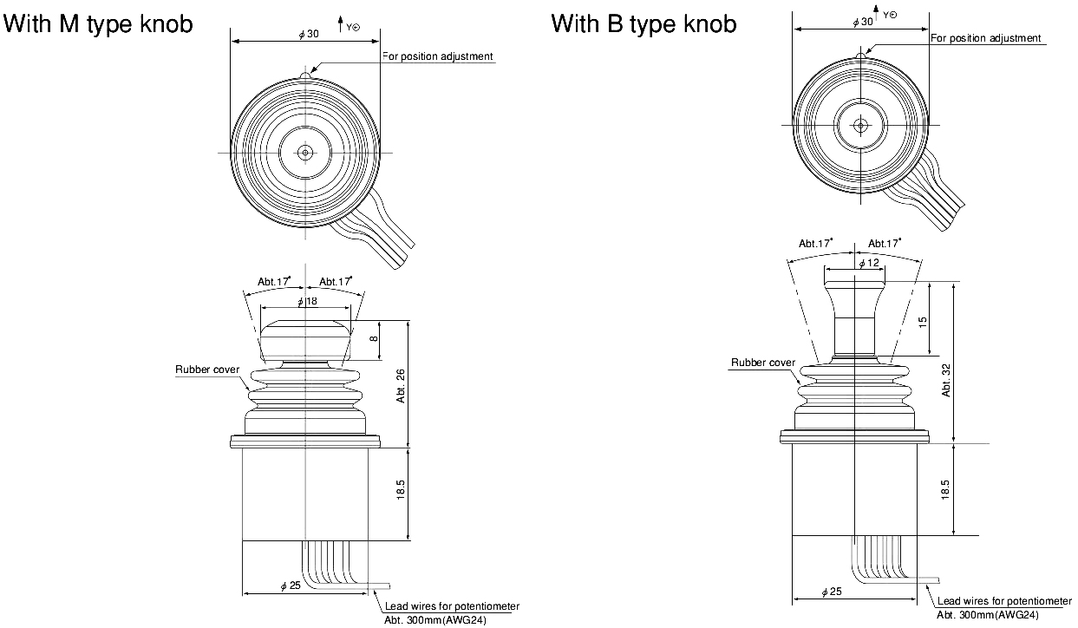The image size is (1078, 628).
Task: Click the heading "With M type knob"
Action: (x=98, y=25)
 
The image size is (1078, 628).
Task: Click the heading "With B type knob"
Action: (x=644, y=23)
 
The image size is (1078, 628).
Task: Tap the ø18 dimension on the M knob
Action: (x=307, y=302)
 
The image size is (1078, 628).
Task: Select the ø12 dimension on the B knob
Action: (x=867, y=263)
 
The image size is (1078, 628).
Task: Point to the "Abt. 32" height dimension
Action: (x=945, y=379)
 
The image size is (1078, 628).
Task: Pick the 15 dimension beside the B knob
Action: (x=923, y=320)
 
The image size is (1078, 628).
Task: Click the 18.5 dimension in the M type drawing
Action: (x=400, y=490)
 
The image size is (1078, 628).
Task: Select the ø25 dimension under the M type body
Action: (x=291, y=586)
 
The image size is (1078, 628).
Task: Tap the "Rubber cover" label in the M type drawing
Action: (x=207, y=370)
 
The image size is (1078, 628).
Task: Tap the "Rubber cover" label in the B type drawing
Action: (x=762, y=363)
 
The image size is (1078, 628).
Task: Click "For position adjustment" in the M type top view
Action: (x=438, y=56)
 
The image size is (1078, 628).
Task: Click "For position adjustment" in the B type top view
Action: (x=985, y=38)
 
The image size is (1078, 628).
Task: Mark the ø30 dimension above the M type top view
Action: (x=308, y=33)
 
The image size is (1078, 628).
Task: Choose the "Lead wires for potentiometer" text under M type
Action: (x=452, y=606)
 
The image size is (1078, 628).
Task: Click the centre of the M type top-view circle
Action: (x=305, y=153)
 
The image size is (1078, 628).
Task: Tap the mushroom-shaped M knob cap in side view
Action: (x=306, y=340)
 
